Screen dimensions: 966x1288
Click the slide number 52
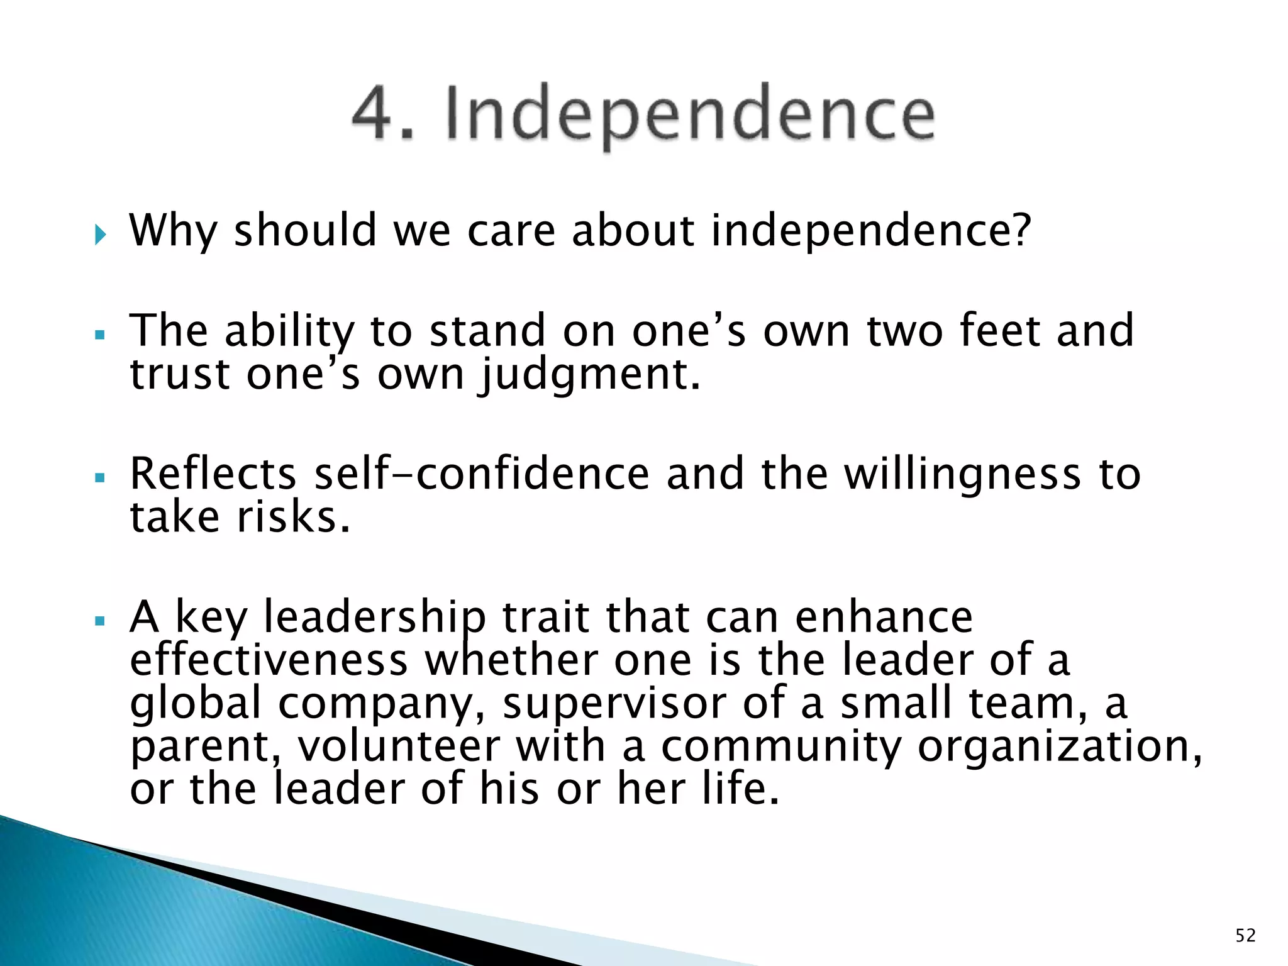[1245, 936]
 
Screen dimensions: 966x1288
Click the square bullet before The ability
[99, 335]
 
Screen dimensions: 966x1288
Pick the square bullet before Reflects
[99, 479]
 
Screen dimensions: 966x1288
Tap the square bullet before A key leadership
[99, 621]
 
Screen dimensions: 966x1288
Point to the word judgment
[589, 375]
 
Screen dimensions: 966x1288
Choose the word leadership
[374, 618]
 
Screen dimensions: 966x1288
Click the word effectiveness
[269, 660]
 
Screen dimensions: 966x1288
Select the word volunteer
[399, 746]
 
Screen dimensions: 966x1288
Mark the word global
[195, 703]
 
